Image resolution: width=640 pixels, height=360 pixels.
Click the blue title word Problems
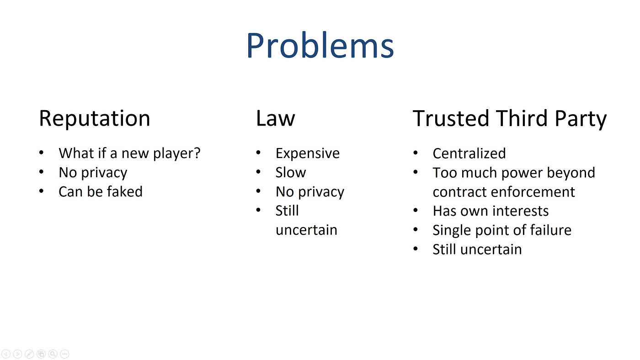point(320,46)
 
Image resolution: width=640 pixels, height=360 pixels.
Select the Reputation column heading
point(95,118)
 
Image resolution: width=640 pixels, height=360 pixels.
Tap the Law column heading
point(275,118)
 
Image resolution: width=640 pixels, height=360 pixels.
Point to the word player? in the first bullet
point(177,154)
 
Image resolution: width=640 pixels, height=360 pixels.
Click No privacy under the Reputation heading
point(93,173)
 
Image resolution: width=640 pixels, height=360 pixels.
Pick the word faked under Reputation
point(126,191)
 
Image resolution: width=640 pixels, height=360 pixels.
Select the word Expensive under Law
point(308,154)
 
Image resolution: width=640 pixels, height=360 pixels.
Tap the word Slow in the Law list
point(291,172)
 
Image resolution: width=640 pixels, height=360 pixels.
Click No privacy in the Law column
point(310,192)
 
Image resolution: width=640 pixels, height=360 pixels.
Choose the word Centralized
point(469,154)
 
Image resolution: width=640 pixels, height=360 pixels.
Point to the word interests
point(521,211)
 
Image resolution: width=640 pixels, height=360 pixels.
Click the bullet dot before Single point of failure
point(416,229)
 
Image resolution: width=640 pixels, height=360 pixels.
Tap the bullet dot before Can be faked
point(42,191)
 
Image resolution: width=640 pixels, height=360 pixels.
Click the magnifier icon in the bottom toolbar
point(53,354)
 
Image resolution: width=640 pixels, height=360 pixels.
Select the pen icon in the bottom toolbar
point(29,354)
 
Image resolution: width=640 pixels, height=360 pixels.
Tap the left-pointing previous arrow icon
point(6,354)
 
